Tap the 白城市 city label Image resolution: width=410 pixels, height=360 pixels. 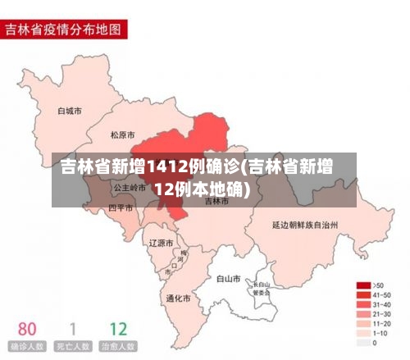(70, 110)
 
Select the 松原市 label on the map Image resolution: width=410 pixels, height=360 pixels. (123, 134)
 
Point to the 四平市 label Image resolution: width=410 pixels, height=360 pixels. (121, 208)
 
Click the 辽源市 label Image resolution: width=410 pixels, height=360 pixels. (161, 243)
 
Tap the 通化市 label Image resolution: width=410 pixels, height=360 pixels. (178, 298)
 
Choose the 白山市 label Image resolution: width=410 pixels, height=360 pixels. (229, 279)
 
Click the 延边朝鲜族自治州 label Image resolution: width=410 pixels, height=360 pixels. (305, 223)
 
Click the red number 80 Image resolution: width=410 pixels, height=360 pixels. (28, 330)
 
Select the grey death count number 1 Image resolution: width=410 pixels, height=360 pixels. (72, 330)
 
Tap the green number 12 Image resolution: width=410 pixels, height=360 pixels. (118, 330)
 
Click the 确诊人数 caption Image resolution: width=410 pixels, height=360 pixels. (28, 347)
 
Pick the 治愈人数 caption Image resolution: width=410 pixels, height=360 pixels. (118, 347)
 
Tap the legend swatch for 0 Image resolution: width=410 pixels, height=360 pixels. (362, 344)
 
